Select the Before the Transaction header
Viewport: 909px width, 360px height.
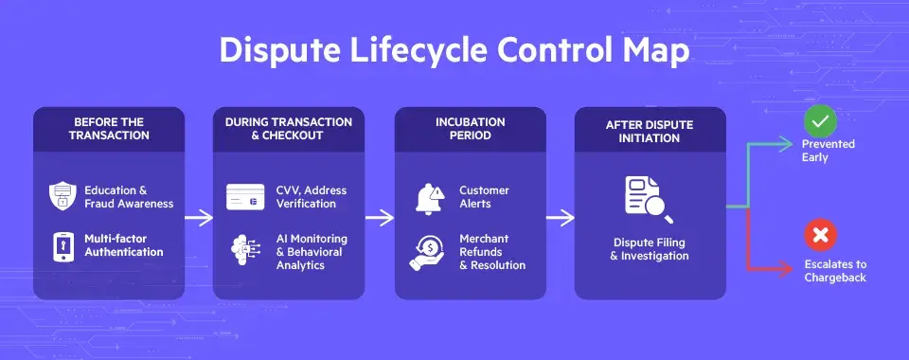click(109, 129)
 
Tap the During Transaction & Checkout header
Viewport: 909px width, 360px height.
click(289, 129)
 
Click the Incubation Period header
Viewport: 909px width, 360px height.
click(470, 129)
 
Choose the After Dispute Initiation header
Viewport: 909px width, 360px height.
click(650, 131)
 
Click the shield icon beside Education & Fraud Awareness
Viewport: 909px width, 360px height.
click(62, 197)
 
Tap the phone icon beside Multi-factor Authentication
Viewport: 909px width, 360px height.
click(62, 245)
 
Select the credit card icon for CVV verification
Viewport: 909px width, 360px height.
click(245, 197)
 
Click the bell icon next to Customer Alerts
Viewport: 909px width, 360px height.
click(428, 197)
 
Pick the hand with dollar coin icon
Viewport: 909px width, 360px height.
click(427, 251)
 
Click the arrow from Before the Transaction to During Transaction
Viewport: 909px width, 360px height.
click(199, 218)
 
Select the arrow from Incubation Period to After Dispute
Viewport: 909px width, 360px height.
click(560, 218)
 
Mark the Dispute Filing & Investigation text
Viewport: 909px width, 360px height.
click(650, 249)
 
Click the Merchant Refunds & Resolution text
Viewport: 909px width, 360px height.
click(491, 252)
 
